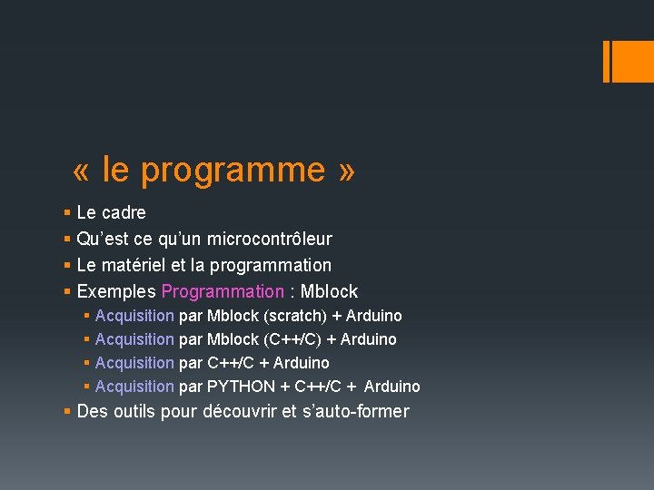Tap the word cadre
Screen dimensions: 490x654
(124, 213)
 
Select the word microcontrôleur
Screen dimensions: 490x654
(269, 240)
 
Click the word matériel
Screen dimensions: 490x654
(134, 266)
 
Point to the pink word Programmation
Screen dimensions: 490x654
(223, 292)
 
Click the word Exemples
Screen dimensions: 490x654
(116, 292)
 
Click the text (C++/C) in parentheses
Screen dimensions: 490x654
(292, 339)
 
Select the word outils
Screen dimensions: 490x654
(137, 412)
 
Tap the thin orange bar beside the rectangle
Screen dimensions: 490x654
(606, 62)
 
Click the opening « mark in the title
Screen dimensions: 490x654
(84, 171)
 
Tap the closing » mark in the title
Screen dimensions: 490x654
(345, 171)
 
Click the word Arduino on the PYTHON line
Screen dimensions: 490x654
(392, 387)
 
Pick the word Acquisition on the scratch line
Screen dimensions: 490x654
(134, 316)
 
